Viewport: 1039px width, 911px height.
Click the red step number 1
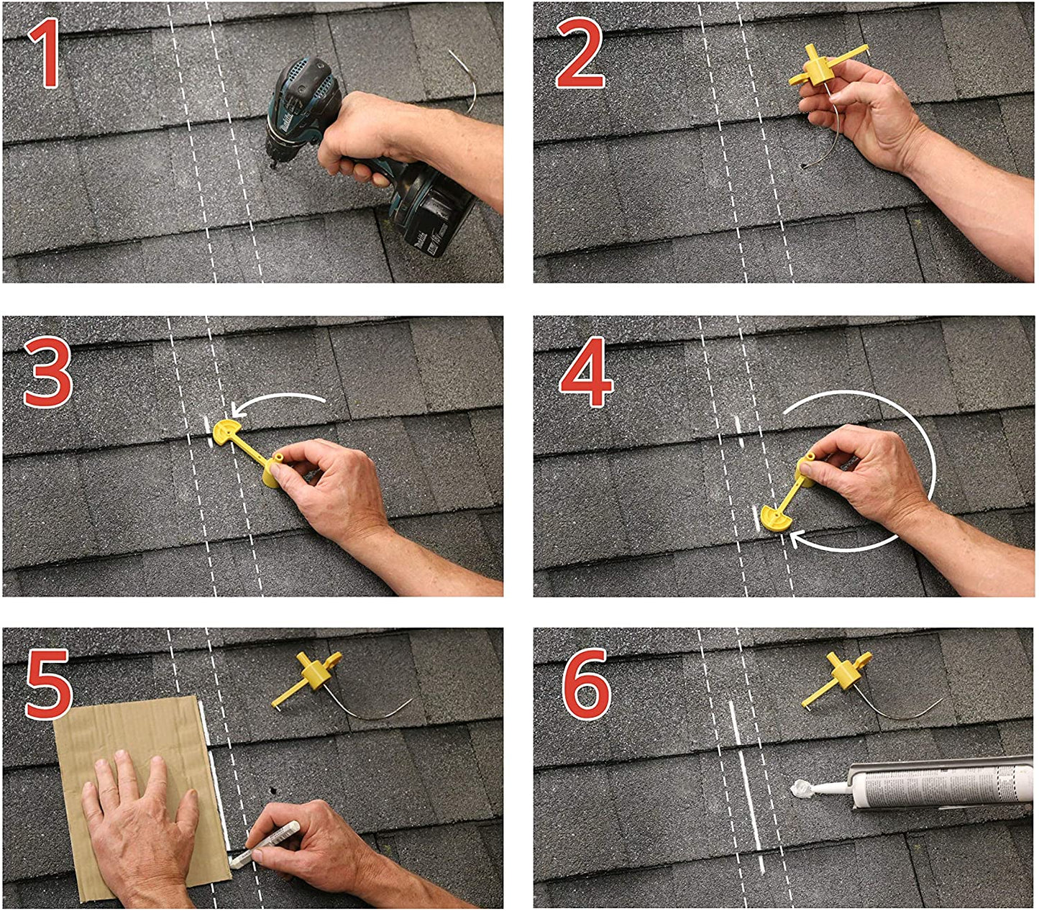(x=46, y=53)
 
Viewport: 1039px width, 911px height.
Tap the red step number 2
(x=580, y=53)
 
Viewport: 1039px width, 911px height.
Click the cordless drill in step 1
(x=309, y=108)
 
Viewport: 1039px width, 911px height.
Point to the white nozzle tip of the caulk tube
(x=800, y=790)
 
